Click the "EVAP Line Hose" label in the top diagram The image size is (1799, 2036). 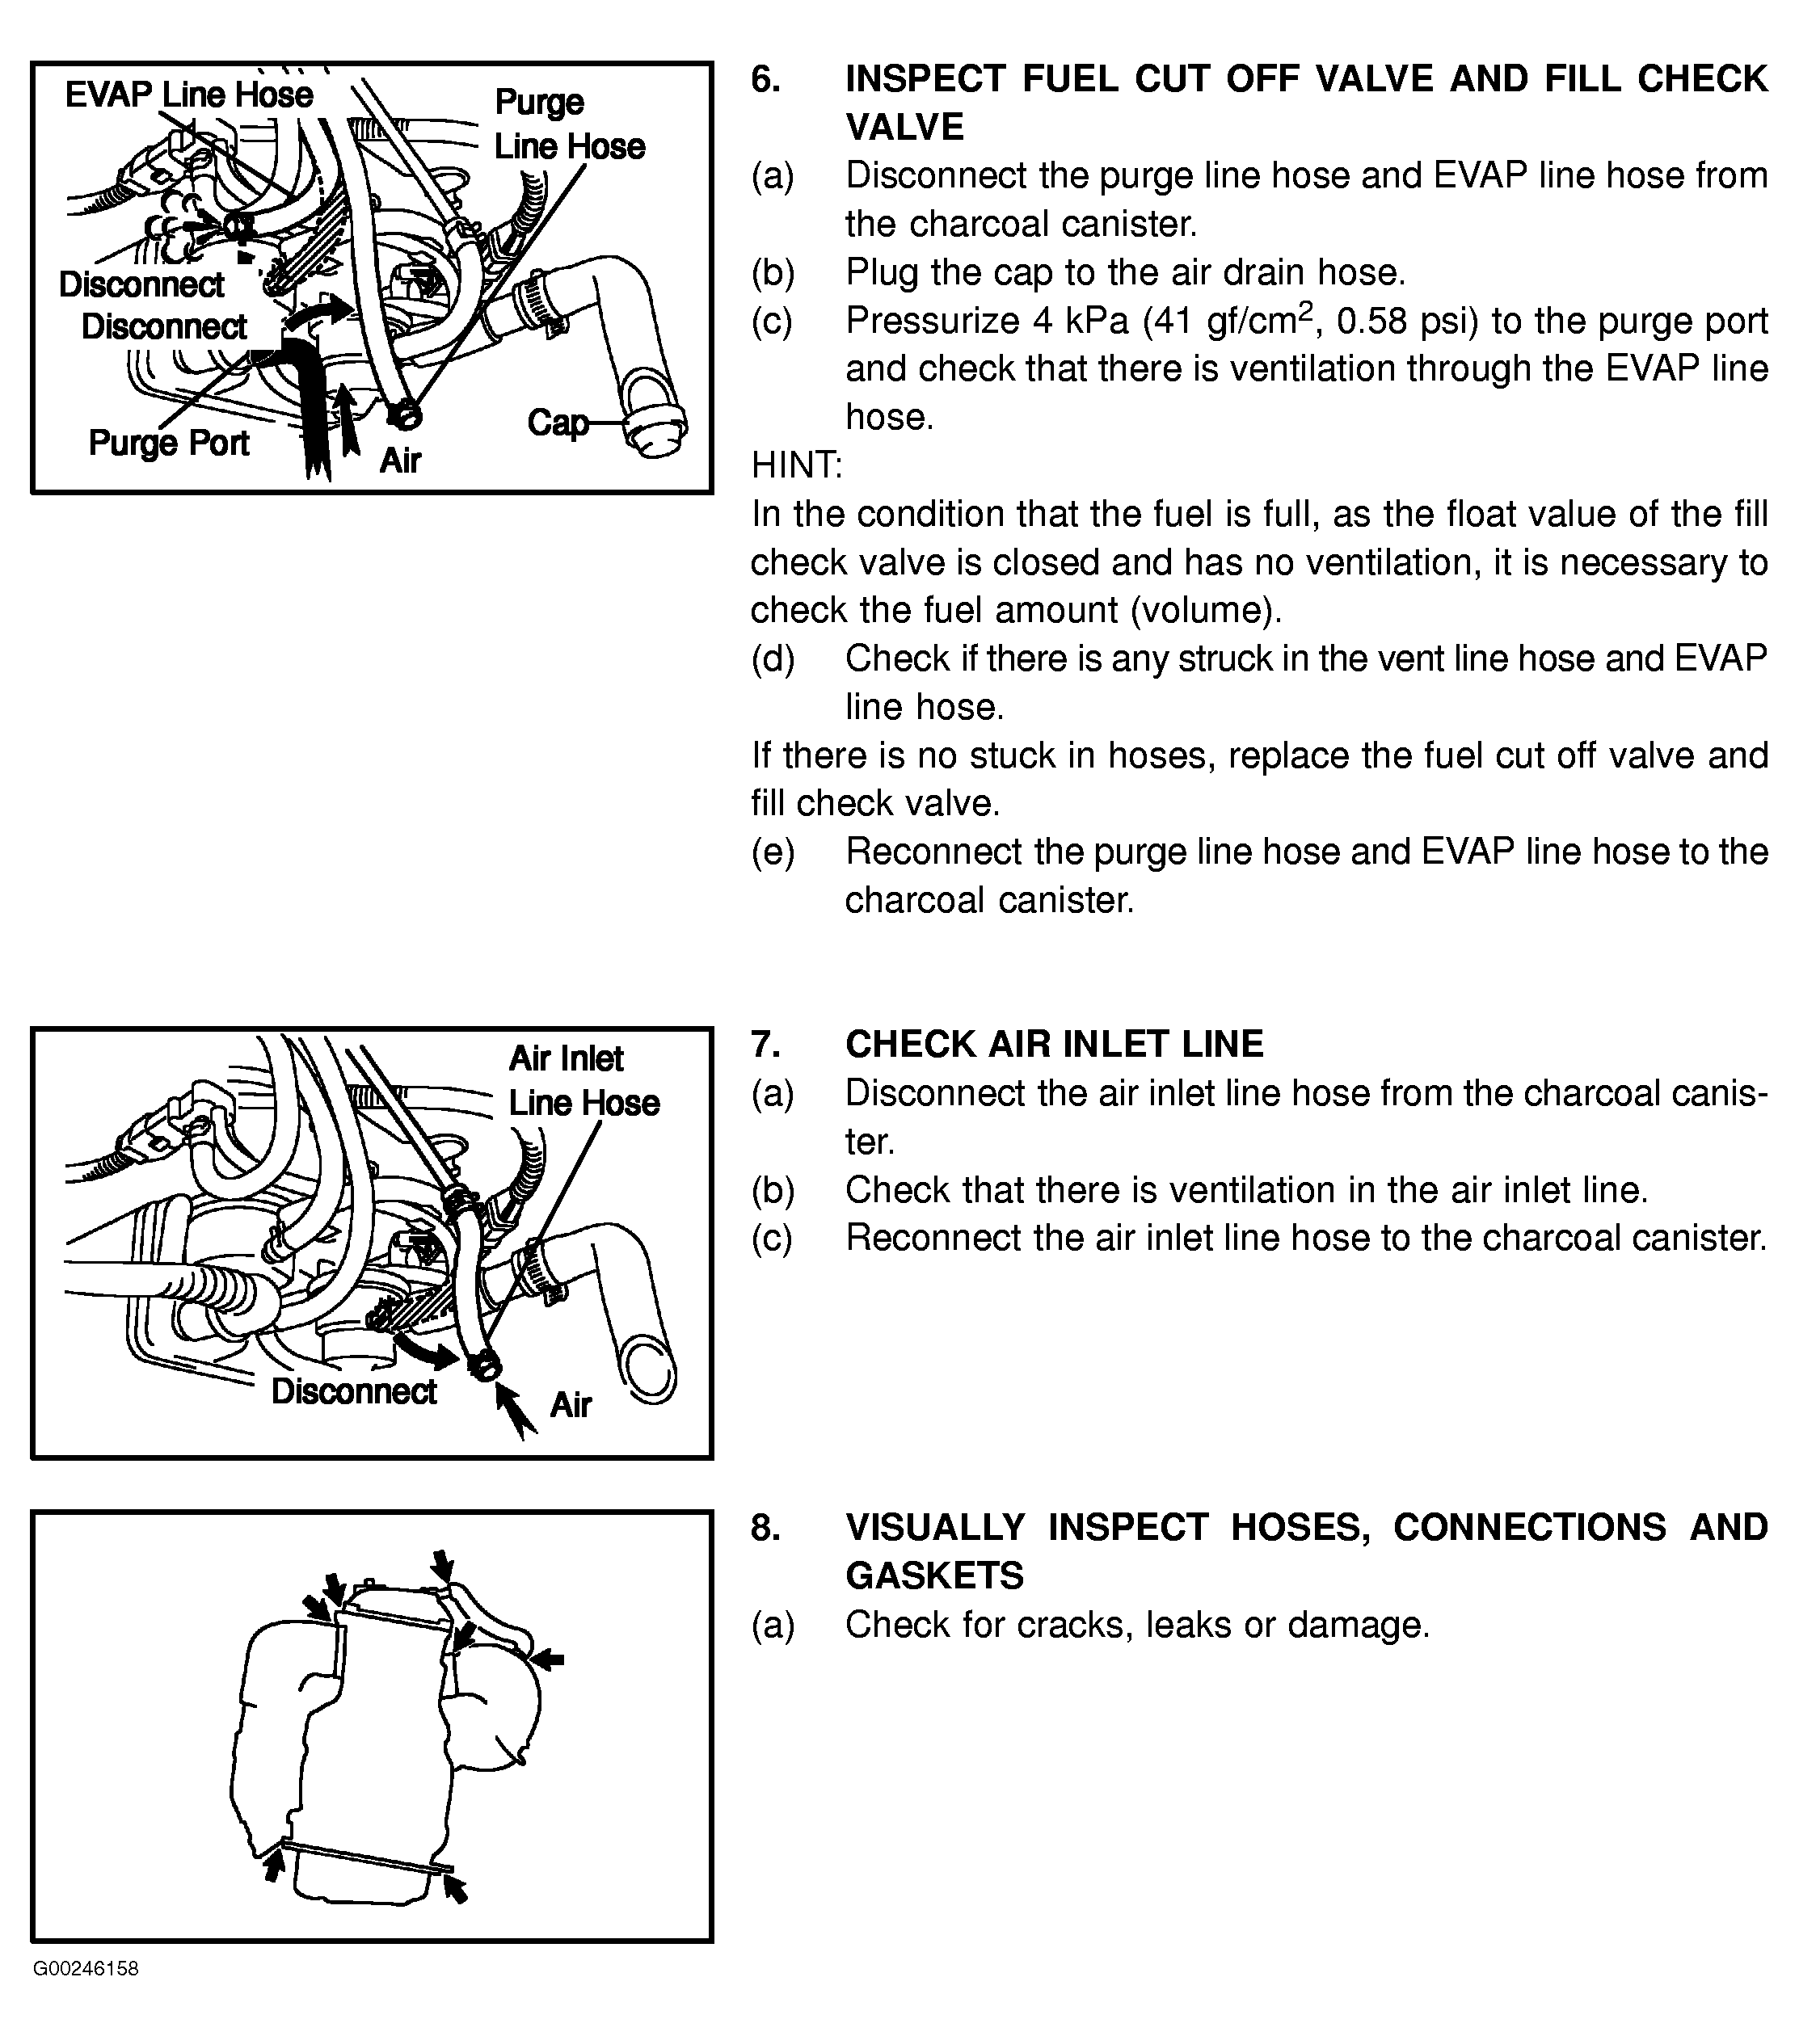point(188,95)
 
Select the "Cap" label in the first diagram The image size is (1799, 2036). point(557,423)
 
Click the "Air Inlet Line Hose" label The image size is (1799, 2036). point(583,1081)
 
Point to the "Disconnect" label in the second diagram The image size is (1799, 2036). point(354,1391)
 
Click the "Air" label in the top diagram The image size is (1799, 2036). point(399,461)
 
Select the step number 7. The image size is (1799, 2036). point(765,1044)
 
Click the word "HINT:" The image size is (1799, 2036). point(797,465)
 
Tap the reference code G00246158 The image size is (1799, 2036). point(86,1969)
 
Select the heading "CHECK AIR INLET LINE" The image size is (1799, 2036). point(1054,1044)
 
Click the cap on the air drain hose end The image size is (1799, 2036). point(655,435)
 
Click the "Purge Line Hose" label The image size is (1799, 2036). point(568,124)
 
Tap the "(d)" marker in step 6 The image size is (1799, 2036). point(772,659)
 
